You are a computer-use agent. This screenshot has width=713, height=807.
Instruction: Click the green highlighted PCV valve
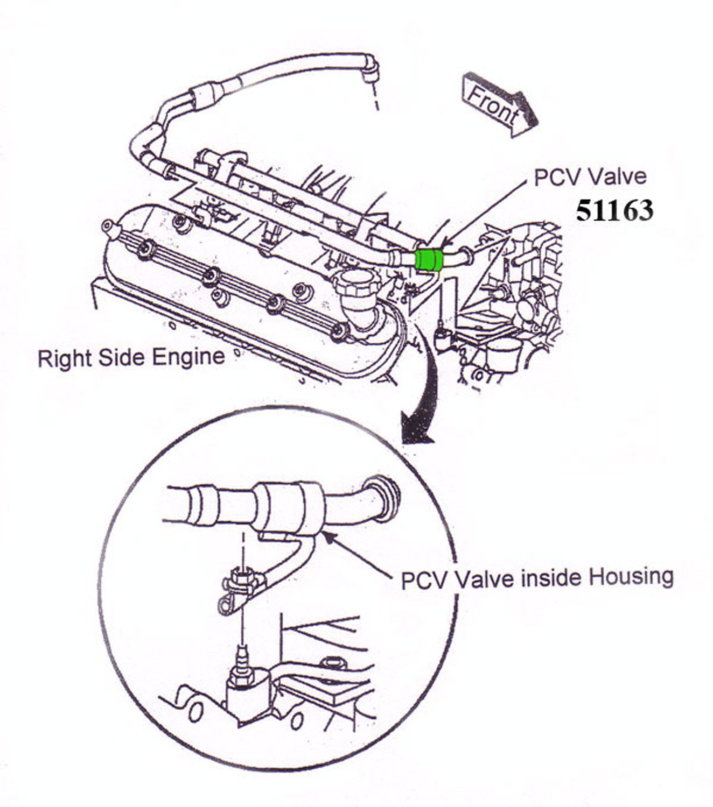tap(429, 260)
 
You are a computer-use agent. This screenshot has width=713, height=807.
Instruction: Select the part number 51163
tap(614, 210)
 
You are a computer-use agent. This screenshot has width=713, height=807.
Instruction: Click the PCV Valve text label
tap(590, 177)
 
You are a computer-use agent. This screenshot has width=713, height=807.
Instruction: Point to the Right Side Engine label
tap(131, 358)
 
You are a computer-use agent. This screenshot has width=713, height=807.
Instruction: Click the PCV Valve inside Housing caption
tap(537, 578)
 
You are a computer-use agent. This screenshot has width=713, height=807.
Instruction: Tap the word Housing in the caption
tap(631, 577)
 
